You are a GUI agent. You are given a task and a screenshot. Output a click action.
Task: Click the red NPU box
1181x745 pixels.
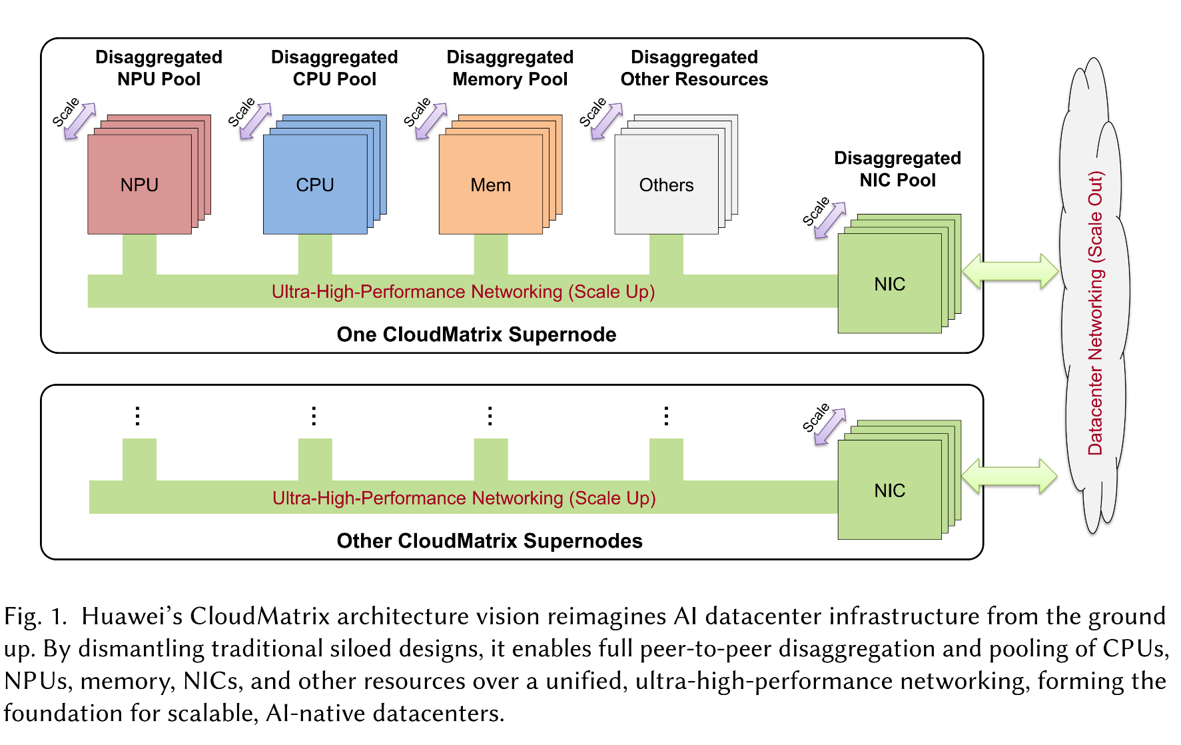pos(139,185)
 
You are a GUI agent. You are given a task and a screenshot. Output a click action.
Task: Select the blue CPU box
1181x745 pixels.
pos(315,185)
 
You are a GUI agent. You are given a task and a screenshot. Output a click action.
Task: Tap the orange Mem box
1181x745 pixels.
pos(490,185)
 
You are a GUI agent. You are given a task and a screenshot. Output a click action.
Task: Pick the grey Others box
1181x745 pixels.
pos(666,185)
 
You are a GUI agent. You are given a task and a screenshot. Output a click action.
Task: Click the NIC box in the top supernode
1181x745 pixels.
pos(889,285)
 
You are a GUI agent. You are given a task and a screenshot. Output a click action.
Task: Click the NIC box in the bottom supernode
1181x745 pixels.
pos(889,491)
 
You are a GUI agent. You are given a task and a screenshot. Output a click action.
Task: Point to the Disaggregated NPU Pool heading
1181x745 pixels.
pos(159,68)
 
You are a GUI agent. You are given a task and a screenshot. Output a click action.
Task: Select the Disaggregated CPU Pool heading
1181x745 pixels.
pos(334,68)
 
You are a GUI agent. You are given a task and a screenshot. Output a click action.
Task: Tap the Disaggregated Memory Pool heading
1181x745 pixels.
pos(510,68)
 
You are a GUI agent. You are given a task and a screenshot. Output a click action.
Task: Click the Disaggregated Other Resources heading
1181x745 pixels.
pos(694,68)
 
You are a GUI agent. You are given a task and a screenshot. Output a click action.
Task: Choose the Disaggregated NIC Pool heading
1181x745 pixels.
pos(897,169)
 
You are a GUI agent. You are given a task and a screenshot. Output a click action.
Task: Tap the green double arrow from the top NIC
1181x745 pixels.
pos(1010,271)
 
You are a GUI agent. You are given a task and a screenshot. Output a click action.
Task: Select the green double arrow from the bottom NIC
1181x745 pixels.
pos(1009,476)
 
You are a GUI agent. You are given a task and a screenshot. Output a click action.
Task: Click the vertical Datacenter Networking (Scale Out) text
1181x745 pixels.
pos(1096,313)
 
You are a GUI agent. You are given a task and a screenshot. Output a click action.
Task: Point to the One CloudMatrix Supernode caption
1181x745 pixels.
pos(476,335)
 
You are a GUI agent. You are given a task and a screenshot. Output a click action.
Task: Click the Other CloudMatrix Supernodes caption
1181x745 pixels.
pos(490,541)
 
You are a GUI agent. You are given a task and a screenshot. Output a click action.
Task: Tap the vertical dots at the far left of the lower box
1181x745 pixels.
pos(137,416)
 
